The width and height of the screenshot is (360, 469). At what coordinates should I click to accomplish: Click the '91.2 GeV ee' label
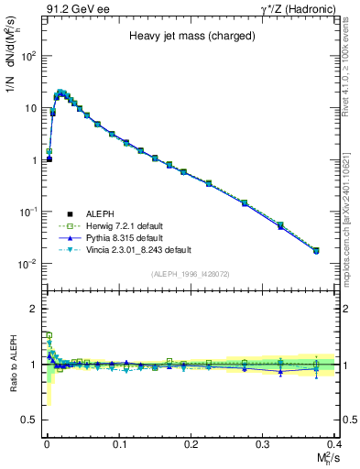tap(70, 10)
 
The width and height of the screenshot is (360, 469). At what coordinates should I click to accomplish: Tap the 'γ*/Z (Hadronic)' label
tap(293, 10)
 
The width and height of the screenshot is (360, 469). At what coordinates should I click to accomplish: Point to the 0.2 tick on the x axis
tap(191, 443)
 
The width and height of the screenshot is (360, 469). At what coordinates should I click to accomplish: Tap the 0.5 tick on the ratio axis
tap(30, 420)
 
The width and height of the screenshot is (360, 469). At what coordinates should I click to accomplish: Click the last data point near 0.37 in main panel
tap(316, 250)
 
